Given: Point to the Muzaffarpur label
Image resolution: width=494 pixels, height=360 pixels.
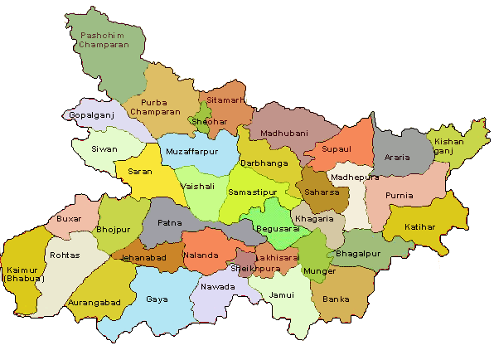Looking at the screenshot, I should click(192, 153).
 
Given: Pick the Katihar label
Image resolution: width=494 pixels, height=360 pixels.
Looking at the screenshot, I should click(420, 226).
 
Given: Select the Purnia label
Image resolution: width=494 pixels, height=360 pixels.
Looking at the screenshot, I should click(400, 196).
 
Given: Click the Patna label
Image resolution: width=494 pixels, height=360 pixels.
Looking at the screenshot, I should click(169, 223).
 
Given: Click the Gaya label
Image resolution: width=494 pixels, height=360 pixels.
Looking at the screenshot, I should click(156, 299).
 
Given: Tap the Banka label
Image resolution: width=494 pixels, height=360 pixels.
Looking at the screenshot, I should click(336, 298).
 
